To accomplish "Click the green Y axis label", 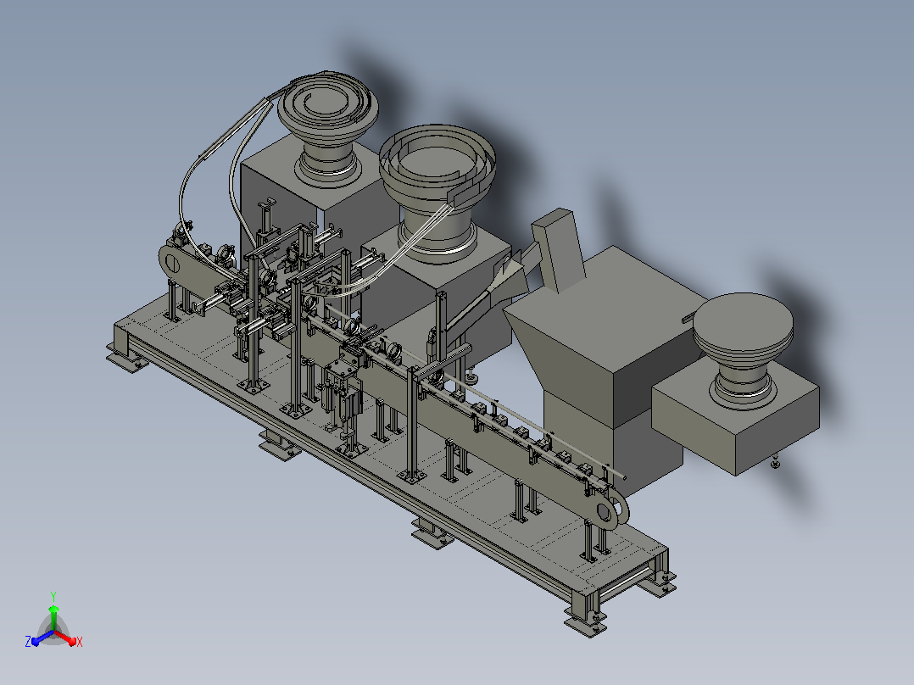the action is click(53, 596).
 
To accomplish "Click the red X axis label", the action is click(80, 642).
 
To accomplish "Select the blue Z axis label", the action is click(28, 642).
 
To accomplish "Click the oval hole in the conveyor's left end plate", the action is click(173, 265).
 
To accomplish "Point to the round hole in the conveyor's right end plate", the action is click(605, 512).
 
